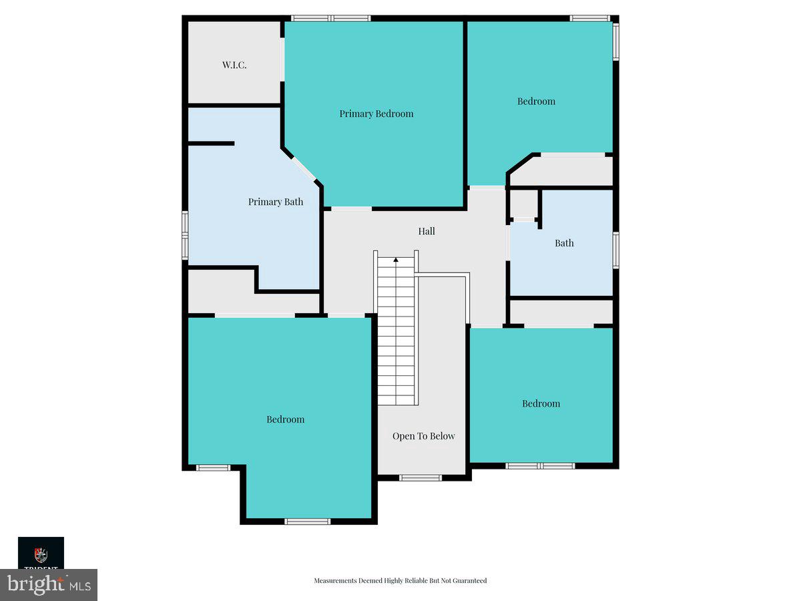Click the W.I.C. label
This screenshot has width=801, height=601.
(x=234, y=65)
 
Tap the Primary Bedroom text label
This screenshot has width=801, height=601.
(x=376, y=114)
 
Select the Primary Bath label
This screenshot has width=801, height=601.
(x=275, y=202)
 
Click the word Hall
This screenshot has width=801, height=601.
(x=427, y=231)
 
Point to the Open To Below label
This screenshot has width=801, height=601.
(x=423, y=436)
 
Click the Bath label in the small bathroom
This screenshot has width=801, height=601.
(x=564, y=243)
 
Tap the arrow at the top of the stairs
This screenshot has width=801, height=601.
(x=396, y=259)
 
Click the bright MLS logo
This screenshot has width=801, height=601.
(x=49, y=585)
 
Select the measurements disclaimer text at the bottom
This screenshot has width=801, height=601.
(x=400, y=580)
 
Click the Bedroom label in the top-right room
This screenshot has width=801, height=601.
(x=536, y=102)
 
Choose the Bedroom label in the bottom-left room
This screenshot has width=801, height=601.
(x=285, y=419)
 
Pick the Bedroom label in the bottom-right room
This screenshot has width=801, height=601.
(x=541, y=403)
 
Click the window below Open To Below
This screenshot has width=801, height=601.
(x=421, y=477)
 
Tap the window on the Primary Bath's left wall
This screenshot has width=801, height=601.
(x=185, y=234)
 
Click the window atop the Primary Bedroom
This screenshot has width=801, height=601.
(x=331, y=18)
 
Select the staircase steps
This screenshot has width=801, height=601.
(x=396, y=334)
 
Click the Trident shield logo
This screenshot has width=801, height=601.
(x=41, y=555)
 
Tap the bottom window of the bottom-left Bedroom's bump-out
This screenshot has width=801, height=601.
(x=307, y=521)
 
